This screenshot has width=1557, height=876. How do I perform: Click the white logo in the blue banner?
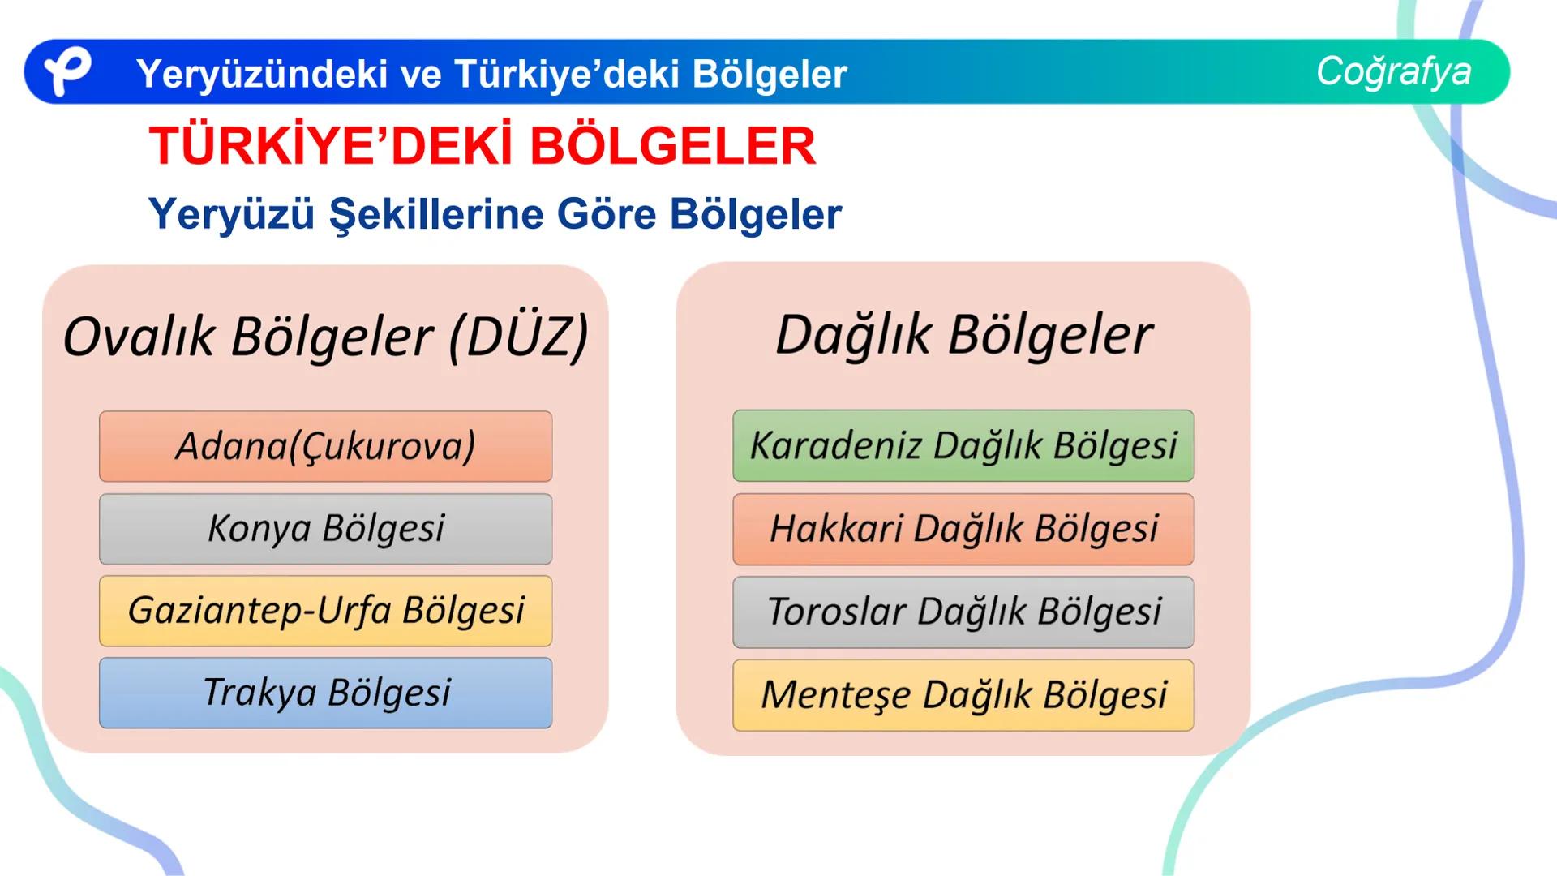[x=66, y=71]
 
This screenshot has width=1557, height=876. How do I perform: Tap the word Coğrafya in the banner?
[x=1393, y=71]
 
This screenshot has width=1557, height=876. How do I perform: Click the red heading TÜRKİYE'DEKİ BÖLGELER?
[x=483, y=147]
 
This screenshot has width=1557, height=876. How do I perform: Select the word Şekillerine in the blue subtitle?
[x=435, y=215]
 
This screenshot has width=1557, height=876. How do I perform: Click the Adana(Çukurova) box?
[x=325, y=446]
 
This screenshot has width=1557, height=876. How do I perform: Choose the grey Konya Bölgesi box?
[x=325, y=529]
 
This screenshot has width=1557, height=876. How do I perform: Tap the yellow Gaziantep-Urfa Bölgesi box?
[x=325, y=611]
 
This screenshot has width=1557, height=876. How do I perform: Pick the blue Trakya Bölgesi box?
[x=325, y=693]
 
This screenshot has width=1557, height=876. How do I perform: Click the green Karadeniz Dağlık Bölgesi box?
[x=963, y=445]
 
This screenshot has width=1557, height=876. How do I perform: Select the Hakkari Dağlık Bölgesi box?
[x=963, y=529]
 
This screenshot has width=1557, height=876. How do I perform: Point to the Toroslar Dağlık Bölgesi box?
[x=963, y=612]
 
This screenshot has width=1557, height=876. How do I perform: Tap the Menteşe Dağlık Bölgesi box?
[x=963, y=695]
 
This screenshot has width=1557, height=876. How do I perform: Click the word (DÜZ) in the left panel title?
[x=518, y=337]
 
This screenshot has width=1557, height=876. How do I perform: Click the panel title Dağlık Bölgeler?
[x=963, y=334]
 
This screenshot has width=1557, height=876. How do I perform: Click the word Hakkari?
[x=836, y=529]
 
